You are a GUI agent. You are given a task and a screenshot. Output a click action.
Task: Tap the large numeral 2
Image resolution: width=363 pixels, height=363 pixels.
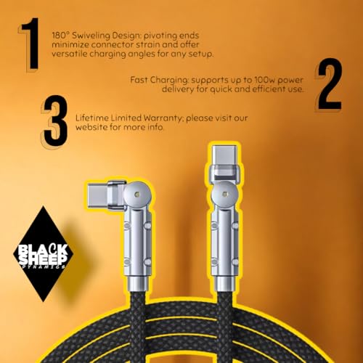(x=330, y=84)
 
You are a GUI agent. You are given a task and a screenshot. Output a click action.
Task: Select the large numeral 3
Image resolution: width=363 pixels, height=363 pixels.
(x=55, y=121)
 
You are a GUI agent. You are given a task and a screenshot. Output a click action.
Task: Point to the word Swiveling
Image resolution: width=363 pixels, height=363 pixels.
(x=91, y=36)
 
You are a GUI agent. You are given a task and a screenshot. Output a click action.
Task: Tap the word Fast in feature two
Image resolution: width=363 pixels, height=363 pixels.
(x=139, y=80)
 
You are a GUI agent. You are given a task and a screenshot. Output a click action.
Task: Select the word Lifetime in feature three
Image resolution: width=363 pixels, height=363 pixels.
(x=92, y=118)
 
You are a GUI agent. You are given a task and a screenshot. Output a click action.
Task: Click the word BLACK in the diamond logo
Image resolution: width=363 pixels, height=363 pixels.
(x=44, y=250)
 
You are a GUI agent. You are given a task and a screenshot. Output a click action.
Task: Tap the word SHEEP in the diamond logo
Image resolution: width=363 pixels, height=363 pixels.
(x=43, y=260)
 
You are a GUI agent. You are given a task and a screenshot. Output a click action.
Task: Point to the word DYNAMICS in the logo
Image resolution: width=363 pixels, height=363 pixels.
(x=44, y=267)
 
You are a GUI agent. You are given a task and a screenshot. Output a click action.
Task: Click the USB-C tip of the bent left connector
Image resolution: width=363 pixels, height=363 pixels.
(x=97, y=195)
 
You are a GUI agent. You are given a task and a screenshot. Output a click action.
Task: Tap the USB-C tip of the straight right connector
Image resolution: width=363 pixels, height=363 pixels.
(x=224, y=155)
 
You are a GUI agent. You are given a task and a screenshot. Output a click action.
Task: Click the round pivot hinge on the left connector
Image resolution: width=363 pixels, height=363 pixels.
(x=138, y=194)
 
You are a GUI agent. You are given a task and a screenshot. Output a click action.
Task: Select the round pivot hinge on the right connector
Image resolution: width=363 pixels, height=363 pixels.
(x=225, y=194)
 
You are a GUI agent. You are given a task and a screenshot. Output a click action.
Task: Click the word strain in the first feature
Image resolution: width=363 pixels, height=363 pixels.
(x=147, y=45)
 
